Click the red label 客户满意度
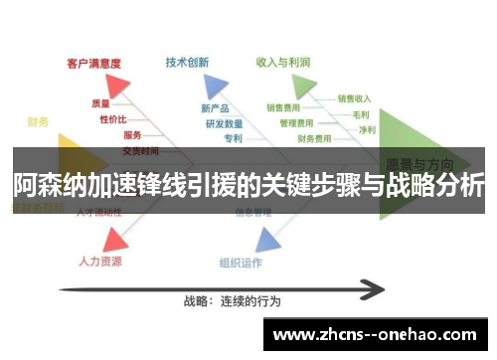tap(93, 62)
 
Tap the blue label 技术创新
tap(187, 62)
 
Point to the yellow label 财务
tap(39, 122)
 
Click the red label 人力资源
tap(100, 262)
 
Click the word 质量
tap(101, 103)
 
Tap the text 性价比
tap(112, 118)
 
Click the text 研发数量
tap(224, 123)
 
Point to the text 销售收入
tap(354, 98)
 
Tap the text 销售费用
tap(283, 107)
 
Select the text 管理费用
tap(296, 123)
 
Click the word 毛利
tap(361, 114)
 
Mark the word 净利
tap(367, 129)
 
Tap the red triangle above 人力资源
tap(114, 238)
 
